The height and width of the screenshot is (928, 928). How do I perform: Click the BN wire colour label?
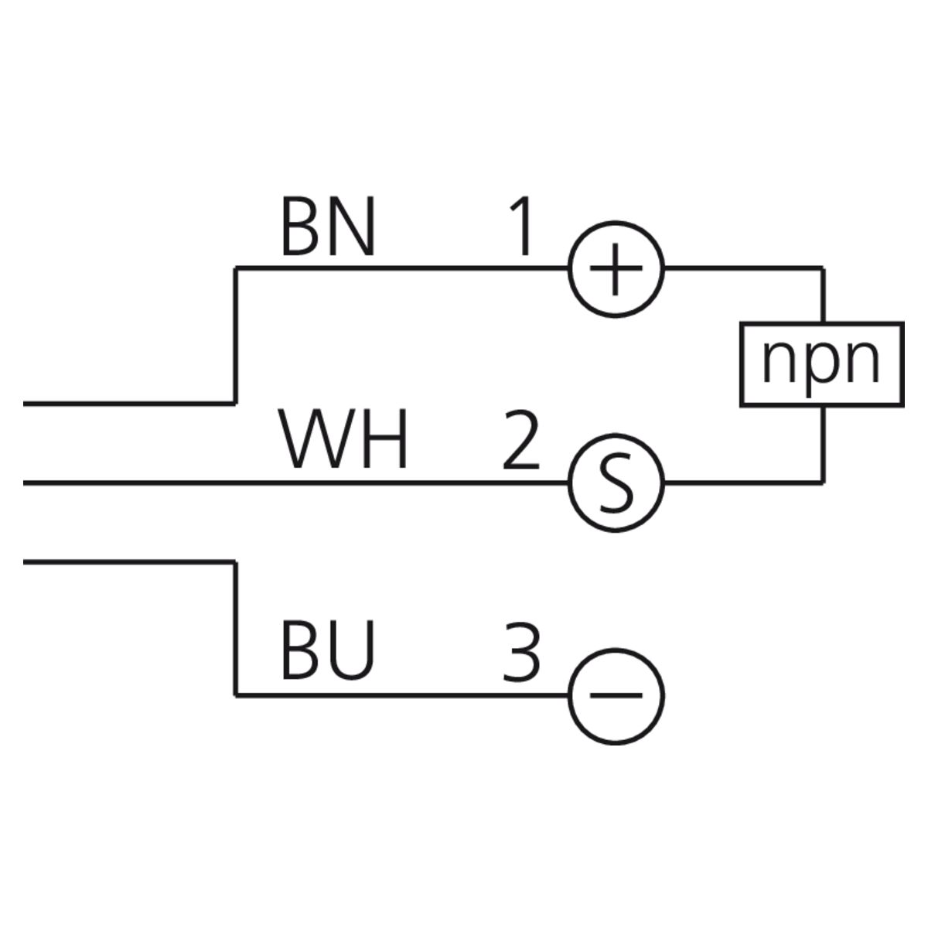click(327, 227)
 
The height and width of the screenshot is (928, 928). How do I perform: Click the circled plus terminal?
click(616, 269)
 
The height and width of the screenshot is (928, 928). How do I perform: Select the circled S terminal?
click(616, 483)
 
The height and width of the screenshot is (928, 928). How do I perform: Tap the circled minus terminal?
click(616, 695)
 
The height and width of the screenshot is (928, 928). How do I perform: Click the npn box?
click(821, 363)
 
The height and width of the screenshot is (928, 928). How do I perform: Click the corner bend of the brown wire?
click(236, 268)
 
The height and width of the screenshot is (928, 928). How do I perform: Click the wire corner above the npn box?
click(823, 268)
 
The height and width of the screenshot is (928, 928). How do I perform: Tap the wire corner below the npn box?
click(823, 482)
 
